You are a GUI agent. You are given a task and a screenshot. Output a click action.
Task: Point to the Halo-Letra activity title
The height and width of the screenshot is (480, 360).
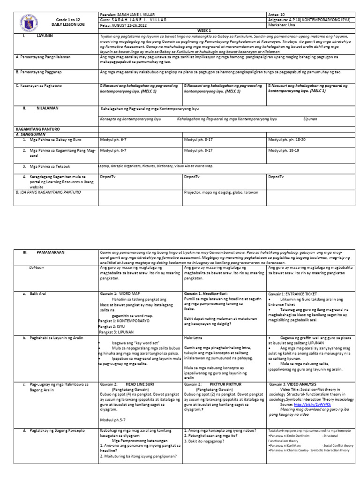(195, 337)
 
